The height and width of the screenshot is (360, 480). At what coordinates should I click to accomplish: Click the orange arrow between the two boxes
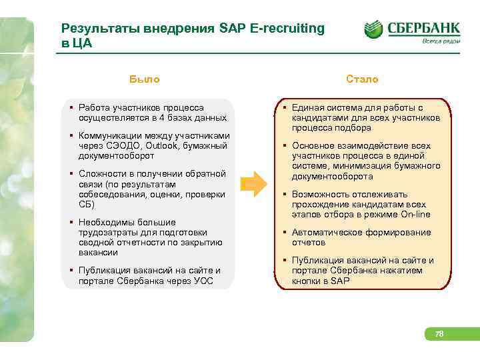click(254, 185)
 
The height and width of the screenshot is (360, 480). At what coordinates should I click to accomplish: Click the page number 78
click(439, 333)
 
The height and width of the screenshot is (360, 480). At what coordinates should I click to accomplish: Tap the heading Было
click(145, 79)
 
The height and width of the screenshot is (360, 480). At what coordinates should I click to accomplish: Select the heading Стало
click(362, 79)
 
